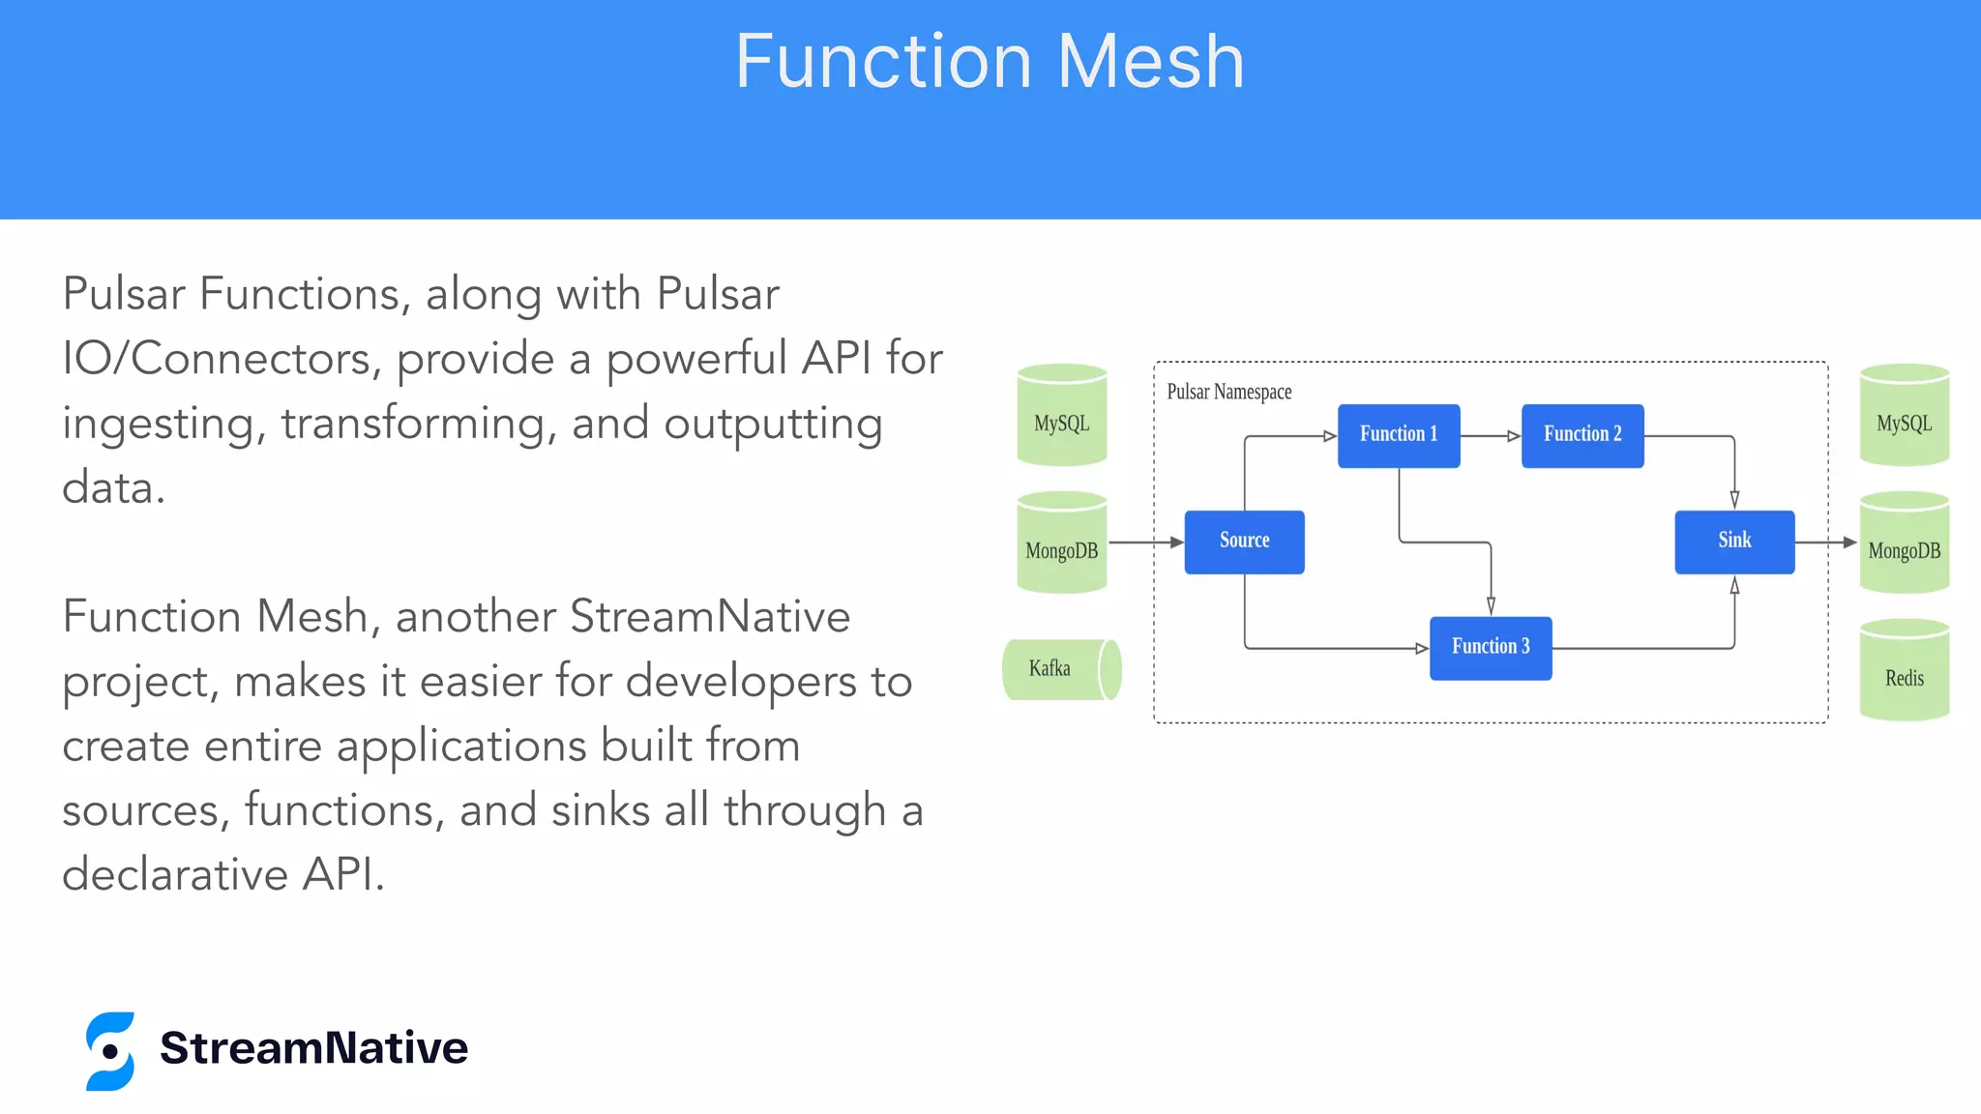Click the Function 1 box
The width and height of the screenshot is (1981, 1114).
(x=1398, y=435)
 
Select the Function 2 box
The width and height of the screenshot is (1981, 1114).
(x=1582, y=435)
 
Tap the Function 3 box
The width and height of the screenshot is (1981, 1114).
(x=1490, y=648)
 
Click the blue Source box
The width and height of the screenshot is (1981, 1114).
(x=1244, y=542)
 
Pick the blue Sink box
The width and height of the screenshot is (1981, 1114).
(x=1733, y=542)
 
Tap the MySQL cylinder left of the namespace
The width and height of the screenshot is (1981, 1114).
(x=1061, y=417)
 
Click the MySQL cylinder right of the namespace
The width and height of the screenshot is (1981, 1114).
(x=1904, y=417)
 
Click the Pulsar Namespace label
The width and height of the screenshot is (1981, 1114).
(x=1228, y=392)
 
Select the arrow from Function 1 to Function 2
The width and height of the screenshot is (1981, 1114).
(x=1491, y=436)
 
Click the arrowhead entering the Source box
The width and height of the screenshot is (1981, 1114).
(x=1176, y=542)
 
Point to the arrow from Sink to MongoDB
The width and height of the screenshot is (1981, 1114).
(x=1825, y=542)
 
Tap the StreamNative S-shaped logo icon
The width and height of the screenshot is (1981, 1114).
(x=110, y=1051)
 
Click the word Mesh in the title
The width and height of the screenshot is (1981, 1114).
(x=1150, y=62)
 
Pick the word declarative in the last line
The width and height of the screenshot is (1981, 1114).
(x=175, y=874)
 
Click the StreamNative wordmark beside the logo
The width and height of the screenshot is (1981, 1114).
(x=313, y=1048)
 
